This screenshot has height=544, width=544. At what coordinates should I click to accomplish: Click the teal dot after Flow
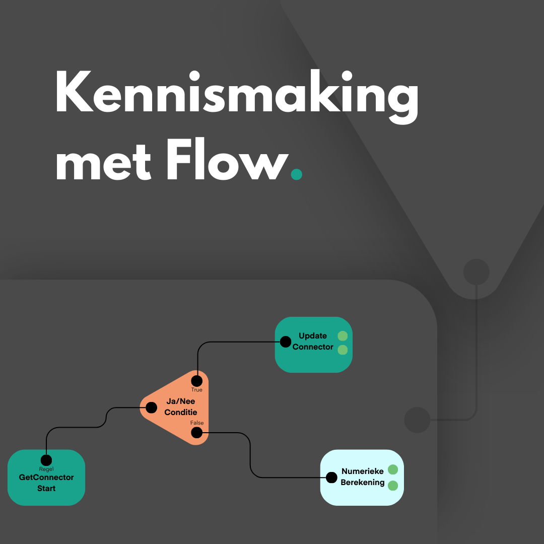click(297, 174)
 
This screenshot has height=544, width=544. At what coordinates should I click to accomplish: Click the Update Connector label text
click(313, 342)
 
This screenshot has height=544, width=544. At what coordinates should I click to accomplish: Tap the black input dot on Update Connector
click(285, 342)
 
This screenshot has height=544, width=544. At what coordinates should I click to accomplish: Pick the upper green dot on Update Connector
click(343, 336)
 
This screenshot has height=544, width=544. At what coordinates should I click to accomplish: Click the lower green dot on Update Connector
click(343, 350)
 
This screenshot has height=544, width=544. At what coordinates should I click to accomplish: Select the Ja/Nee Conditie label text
click(180, 406)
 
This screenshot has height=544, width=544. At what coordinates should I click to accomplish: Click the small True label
click(196, 390)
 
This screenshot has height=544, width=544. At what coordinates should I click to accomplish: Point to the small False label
click(197, 423)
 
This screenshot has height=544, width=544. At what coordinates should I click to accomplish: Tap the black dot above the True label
click(197, 380)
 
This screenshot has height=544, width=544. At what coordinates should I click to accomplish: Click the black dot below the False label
click(197, 433)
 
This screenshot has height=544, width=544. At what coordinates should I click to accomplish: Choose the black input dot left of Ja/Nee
click(151, 407)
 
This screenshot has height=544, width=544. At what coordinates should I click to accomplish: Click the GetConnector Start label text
click(46, 483)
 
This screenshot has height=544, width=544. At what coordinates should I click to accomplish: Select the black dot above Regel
click(46, 460)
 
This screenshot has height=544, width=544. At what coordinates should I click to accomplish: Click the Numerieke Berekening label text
click(363, 477)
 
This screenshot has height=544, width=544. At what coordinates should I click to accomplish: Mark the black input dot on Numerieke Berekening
click(331, 477)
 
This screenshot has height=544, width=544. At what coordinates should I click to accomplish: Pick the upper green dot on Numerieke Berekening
click(393, 469)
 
